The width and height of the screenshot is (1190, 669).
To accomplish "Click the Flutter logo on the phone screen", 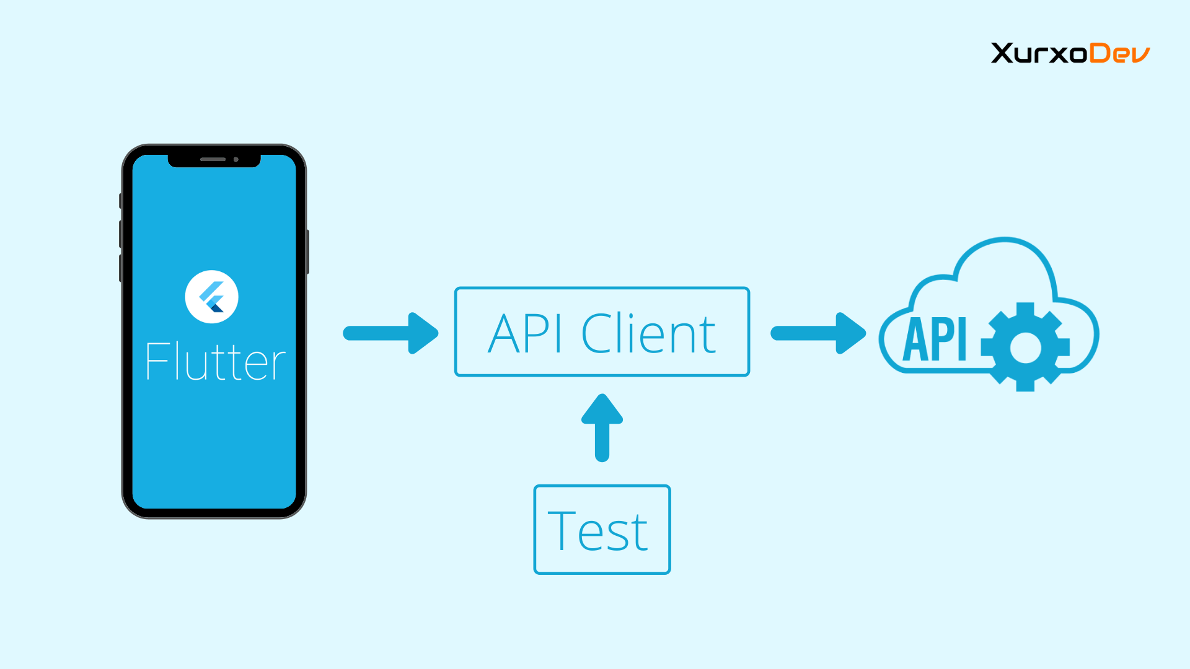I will point(211,297).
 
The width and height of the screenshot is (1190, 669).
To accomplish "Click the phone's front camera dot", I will point(236,159).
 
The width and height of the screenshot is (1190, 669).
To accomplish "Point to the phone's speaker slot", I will point(213,159).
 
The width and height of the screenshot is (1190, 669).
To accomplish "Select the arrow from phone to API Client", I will point(390,333).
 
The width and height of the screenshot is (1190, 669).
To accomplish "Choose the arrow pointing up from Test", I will point(602,427).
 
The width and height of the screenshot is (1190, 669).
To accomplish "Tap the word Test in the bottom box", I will point(598,531).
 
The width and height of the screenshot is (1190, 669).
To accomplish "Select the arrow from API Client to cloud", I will point(818,333).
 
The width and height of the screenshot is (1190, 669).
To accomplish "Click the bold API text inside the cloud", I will point(935,339).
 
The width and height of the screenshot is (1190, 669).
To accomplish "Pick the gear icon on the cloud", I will point(1025,348).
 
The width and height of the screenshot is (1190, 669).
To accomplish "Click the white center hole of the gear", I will point(1025,348).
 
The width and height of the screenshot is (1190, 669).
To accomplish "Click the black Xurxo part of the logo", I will point(1039,53).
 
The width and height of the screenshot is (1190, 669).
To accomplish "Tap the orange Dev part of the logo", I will point(1119,53).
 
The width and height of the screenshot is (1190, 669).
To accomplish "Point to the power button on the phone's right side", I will point(307,251).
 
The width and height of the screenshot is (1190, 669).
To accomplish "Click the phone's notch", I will point(214,160).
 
